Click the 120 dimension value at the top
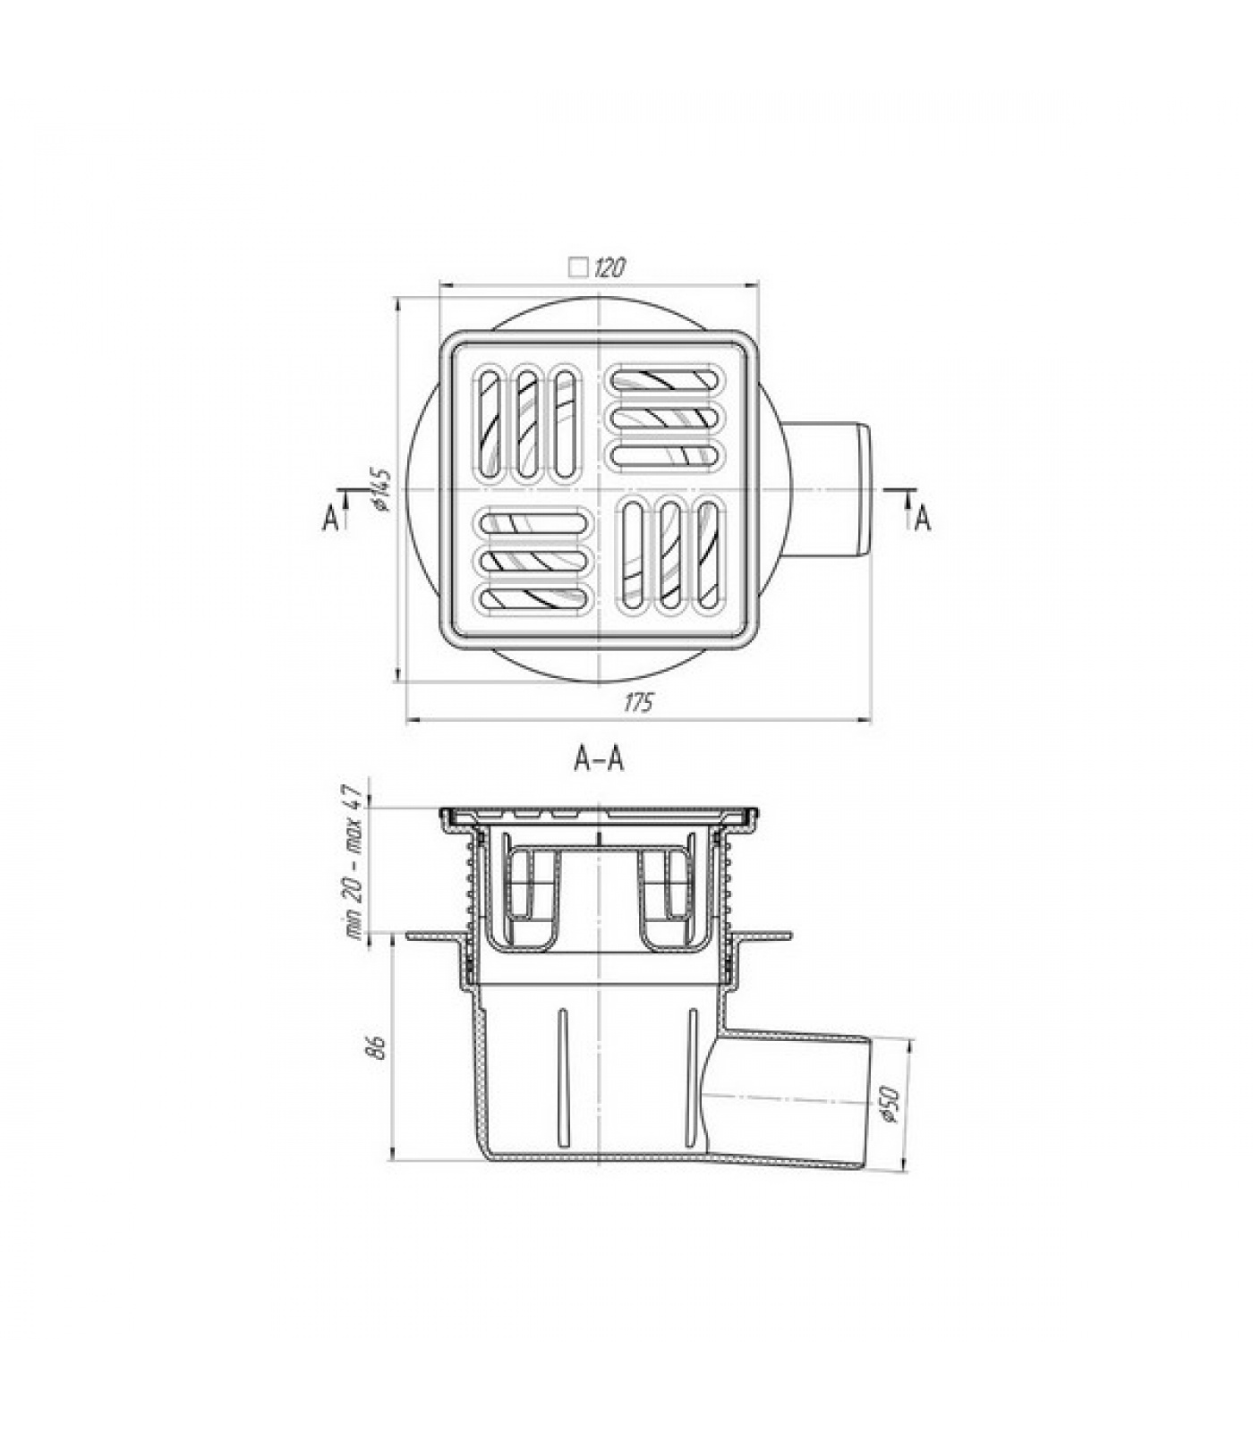[608, 267]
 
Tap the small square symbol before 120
[579, 267]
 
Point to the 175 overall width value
[638, 704]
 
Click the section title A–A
[599, 759]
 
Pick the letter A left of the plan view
[331, 519]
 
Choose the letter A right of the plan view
[923, 519]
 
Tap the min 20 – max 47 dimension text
[354, 860]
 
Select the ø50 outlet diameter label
[887, 1106]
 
